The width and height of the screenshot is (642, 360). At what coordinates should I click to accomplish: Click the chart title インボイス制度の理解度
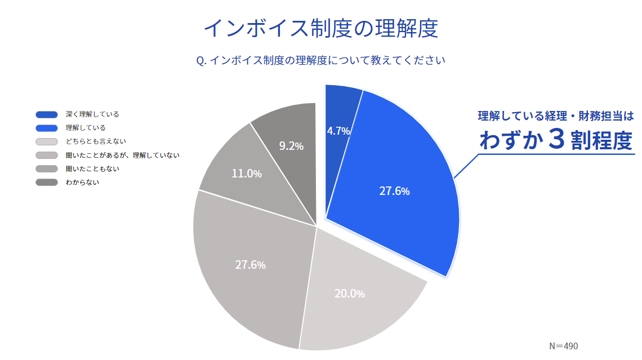(320, 28)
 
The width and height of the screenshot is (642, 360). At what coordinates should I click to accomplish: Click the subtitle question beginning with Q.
(320, 60)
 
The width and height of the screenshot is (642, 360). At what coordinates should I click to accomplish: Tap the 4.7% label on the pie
(338, 131)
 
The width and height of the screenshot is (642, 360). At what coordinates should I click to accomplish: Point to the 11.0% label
(247, 174)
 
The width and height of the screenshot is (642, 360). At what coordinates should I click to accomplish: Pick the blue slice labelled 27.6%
(394, 191)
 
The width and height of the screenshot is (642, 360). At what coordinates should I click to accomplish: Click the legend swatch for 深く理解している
(46, 114)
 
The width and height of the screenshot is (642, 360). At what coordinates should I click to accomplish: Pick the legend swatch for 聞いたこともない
(46, 168)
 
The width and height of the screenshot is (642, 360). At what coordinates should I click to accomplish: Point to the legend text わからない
(82, 182)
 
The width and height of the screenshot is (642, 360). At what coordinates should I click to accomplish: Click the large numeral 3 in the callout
(555, 140)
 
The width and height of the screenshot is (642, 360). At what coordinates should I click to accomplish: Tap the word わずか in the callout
(510, 140)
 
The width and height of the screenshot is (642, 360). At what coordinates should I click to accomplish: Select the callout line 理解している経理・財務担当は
(556, 117)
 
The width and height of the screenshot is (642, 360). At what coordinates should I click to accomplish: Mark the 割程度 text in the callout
(601, 141)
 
